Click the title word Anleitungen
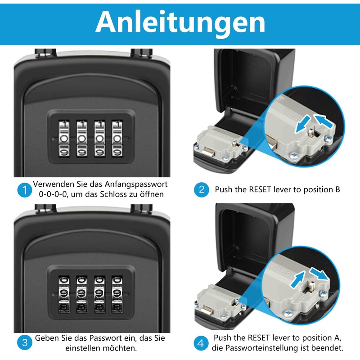click(180, 21)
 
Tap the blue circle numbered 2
click(201, 189)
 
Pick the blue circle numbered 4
click(201, 343)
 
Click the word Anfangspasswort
click(135, 184)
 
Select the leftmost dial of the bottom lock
click(64, 293)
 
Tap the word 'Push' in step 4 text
click(224, 338)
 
